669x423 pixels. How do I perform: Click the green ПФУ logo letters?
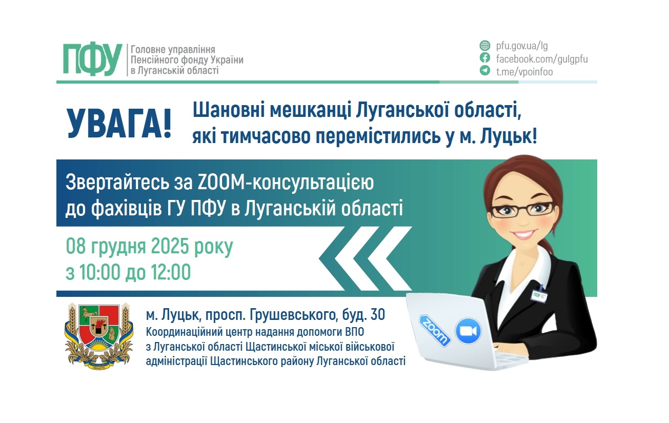[93, 59]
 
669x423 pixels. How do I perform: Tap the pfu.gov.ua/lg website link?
[522, 46]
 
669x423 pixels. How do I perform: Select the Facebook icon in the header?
[484, 58]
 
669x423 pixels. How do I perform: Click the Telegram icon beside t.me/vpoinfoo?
[484, 71]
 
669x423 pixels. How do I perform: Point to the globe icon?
[484, 45]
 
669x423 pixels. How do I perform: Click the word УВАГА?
[119, 124]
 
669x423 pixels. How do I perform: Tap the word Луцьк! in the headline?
[510, 137]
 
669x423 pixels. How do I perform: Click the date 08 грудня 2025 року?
[149, 247]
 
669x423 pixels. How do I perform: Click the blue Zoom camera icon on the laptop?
[468, 331]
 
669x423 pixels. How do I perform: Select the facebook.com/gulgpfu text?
[541, 58]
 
